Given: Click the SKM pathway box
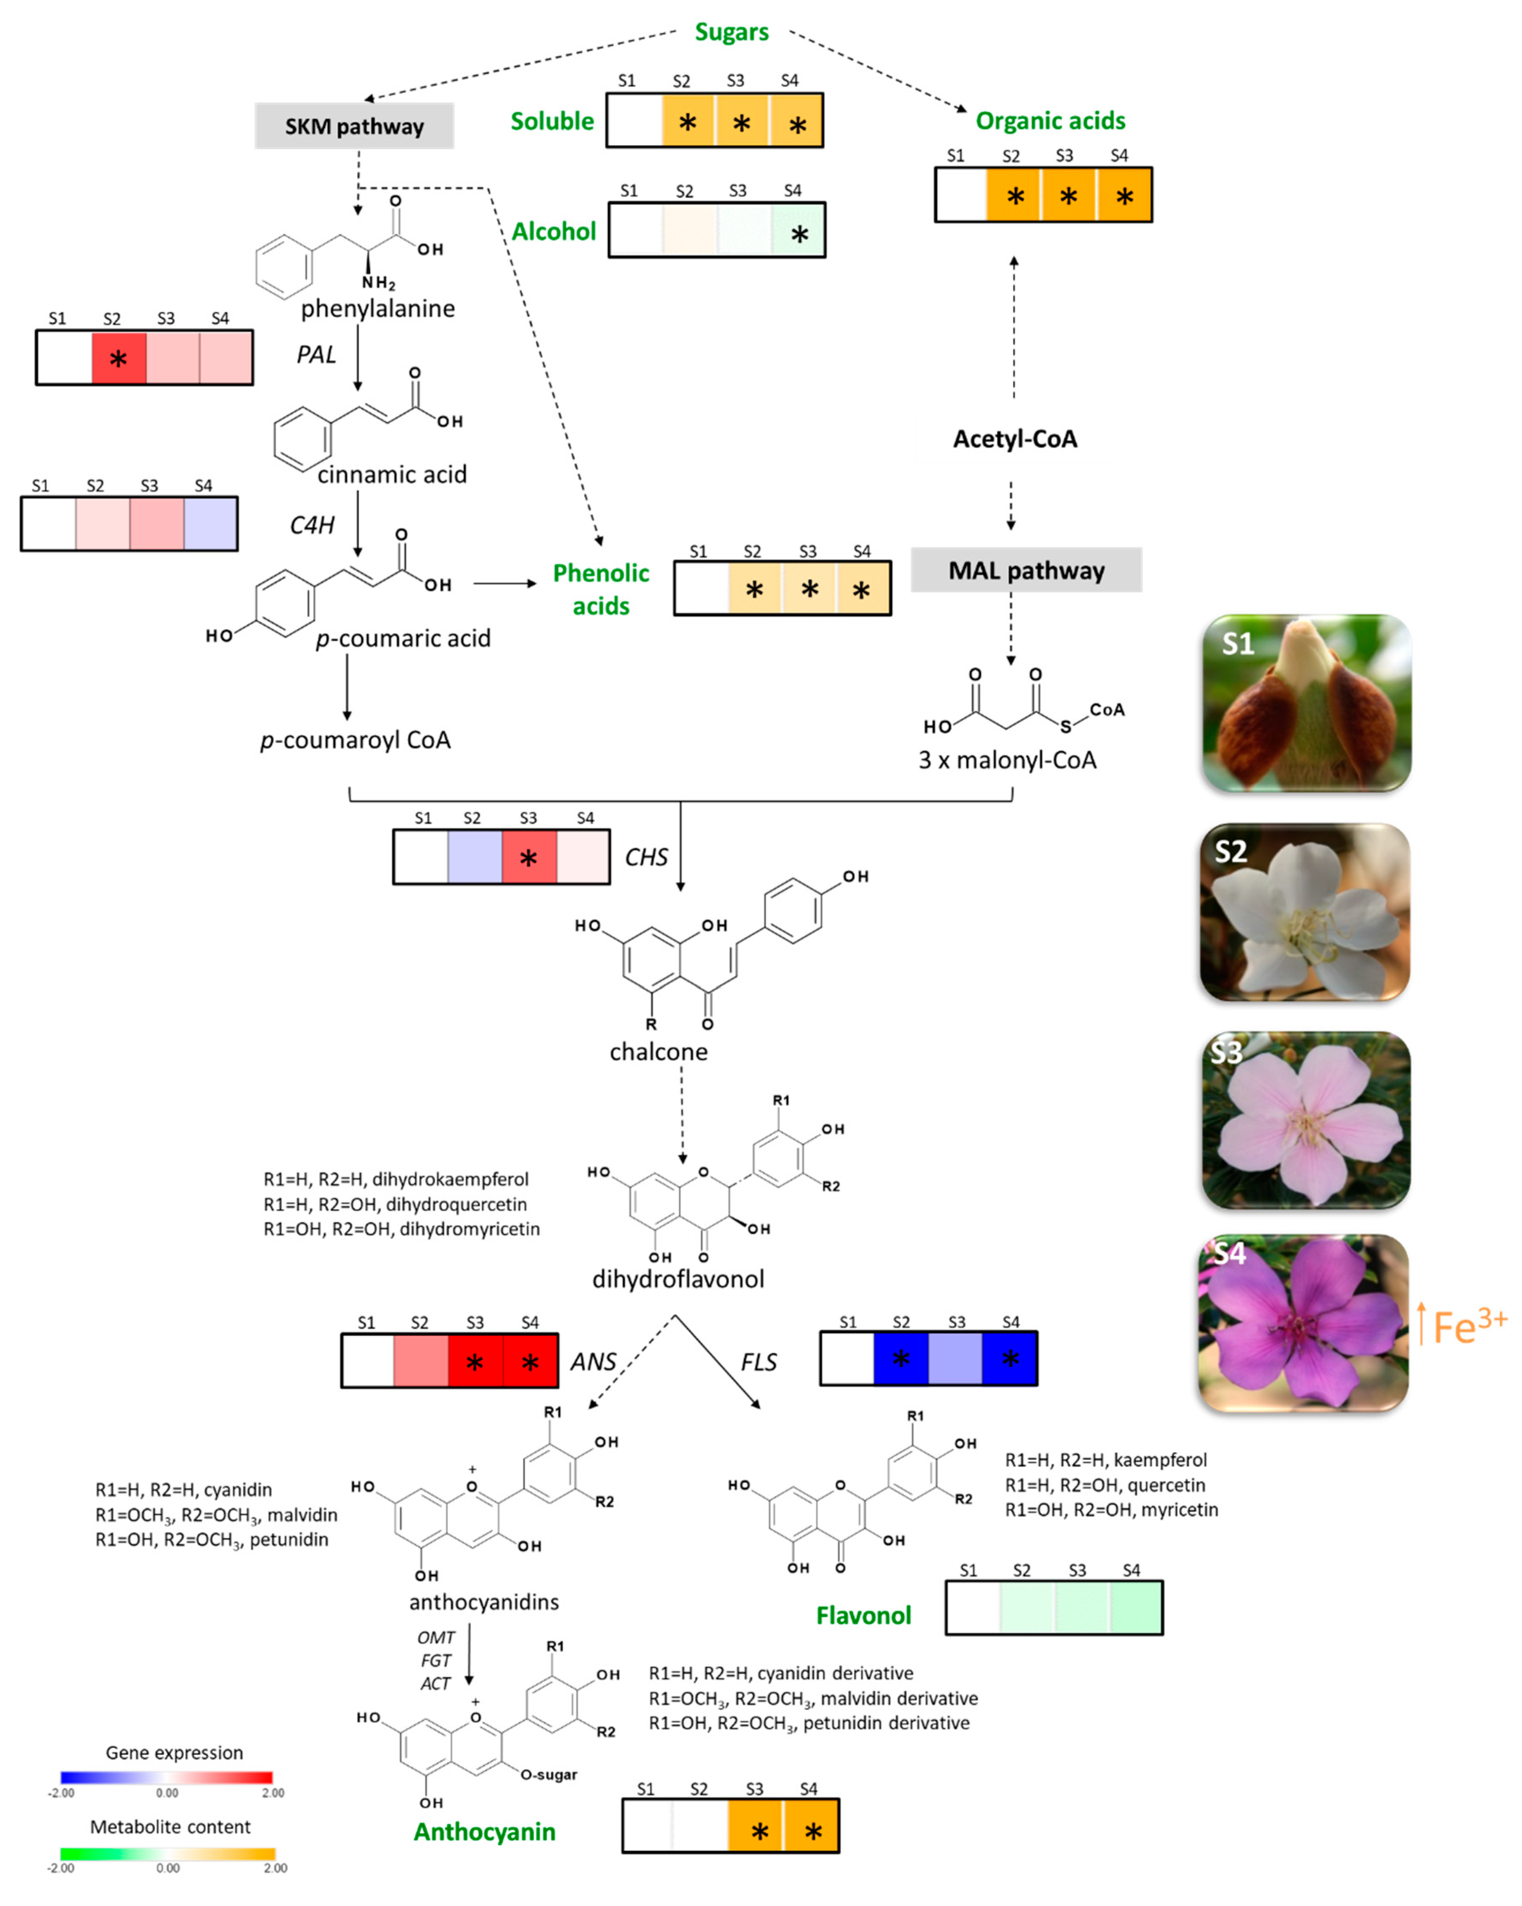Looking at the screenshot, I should [x=354, y=126].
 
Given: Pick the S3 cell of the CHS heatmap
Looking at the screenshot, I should [x=528, y=857].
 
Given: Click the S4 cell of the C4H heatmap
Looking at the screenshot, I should [x=210, y=524].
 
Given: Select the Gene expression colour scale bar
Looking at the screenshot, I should [x=166, y=1777].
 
